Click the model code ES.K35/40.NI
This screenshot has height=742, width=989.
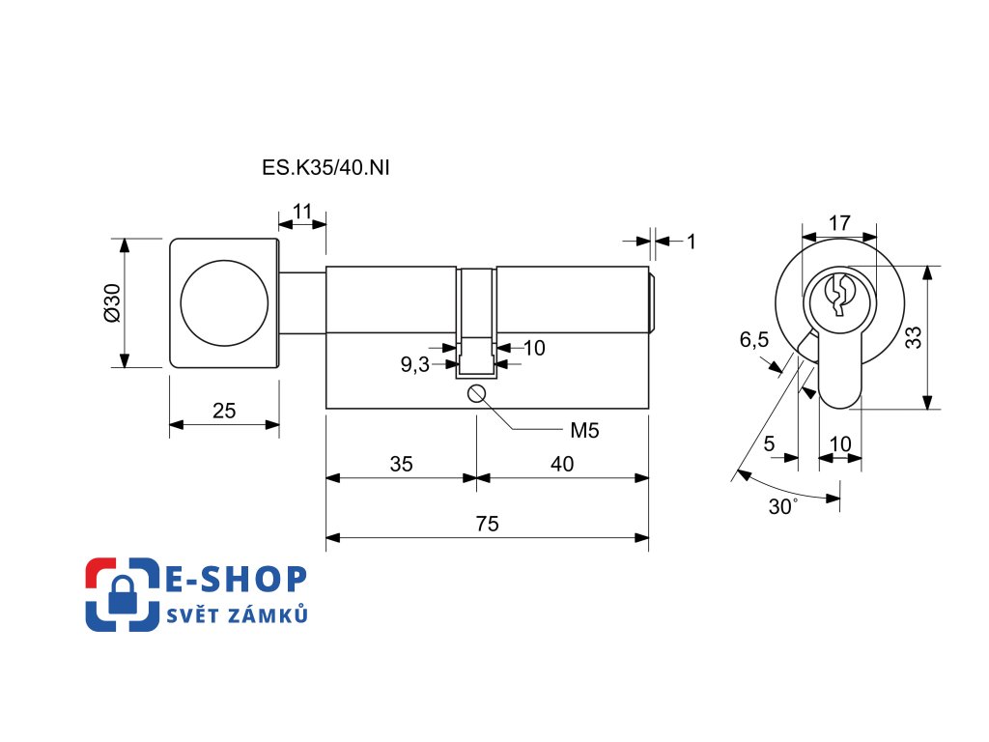point(325,168)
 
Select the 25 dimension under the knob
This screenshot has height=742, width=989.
point(224,411)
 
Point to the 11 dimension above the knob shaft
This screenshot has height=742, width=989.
point(302,212)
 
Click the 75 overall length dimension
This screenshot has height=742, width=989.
point(487,524)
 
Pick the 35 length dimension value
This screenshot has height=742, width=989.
point(401,465)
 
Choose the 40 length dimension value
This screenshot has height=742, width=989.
point(562,465)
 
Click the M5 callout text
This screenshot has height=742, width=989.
point(584,431)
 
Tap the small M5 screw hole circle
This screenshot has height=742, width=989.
point(476,394)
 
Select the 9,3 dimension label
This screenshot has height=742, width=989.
point(415,364)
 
